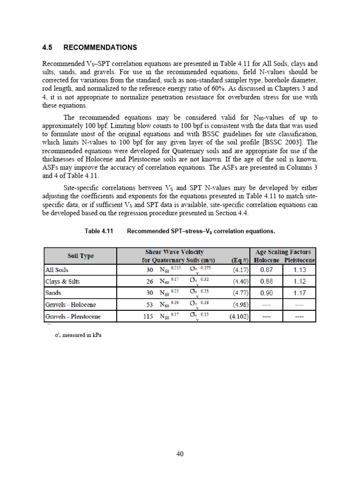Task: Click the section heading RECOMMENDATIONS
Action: tap(100, 48)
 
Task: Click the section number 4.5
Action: tap(48, 48)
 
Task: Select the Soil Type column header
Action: tap(80, 255)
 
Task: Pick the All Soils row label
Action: tap(57, 270)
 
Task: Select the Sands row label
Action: tap(53, 293)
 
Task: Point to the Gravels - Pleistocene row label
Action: tap(73, 316)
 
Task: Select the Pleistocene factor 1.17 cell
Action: tap(299, 293)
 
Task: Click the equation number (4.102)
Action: tap(239, 316)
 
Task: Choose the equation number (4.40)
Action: tap(240, 281)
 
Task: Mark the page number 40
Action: tap(180, 454)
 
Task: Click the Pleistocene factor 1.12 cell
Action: tap(299, 281)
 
